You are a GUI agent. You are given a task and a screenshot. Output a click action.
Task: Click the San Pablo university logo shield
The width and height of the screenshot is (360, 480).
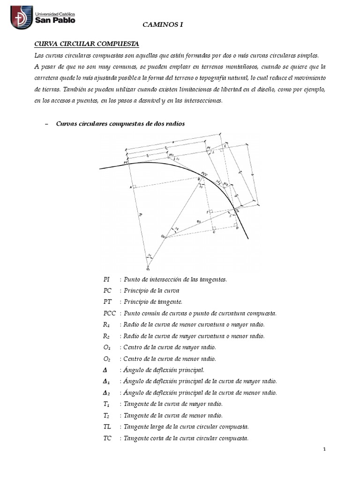point(22,17)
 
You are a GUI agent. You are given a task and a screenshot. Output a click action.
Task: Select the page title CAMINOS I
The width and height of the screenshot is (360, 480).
point(162,28)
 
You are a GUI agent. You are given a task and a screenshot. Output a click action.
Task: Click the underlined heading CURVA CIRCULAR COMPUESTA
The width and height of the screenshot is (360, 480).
point(87,44)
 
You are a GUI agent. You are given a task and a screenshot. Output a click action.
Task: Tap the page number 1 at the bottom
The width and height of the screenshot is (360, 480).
point(324,450)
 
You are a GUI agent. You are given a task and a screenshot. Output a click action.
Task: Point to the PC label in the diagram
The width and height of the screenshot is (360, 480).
point(126,162)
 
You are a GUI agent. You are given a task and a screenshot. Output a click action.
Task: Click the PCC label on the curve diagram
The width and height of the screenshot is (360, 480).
point(204,173)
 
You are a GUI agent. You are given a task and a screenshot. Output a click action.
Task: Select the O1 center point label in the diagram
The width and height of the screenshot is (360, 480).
point(148,270)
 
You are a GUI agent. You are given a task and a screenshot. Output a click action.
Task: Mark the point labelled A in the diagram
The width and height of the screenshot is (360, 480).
point(131,187)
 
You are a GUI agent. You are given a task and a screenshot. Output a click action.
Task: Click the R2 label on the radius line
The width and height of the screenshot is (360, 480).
point(199,221)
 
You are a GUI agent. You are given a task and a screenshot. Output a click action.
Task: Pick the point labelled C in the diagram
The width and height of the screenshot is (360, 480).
point(214,232)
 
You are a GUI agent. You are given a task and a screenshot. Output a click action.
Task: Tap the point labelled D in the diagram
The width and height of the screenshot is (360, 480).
point(237,228)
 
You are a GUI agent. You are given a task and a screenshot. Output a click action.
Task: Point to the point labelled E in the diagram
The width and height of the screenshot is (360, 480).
point(225,146)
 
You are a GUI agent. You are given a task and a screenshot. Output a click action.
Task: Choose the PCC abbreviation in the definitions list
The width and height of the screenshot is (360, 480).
point(109,313)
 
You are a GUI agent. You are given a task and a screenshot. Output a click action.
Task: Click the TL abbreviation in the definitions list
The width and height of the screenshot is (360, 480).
point(107,427)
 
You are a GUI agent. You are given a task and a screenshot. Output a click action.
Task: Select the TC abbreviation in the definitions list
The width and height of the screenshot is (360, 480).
point(107,438)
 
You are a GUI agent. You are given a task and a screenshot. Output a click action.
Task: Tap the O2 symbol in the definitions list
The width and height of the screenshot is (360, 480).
point(106,359)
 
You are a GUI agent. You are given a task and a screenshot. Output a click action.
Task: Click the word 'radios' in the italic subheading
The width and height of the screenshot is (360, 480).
point(174,124)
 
